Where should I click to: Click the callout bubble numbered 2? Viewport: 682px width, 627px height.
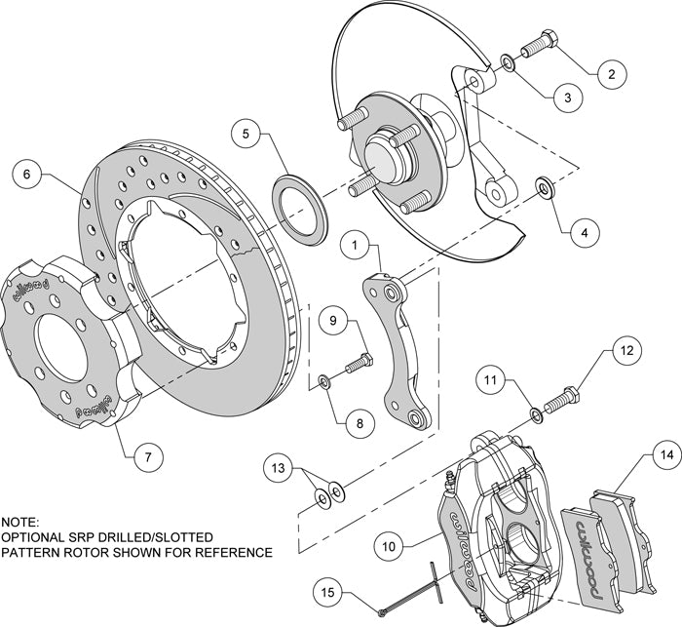tap(611, 72)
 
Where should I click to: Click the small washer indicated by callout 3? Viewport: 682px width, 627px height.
tap(509, 64)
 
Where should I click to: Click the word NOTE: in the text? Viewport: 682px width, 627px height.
tap(23, 522)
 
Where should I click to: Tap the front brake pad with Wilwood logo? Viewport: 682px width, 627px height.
tap(590, 540)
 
